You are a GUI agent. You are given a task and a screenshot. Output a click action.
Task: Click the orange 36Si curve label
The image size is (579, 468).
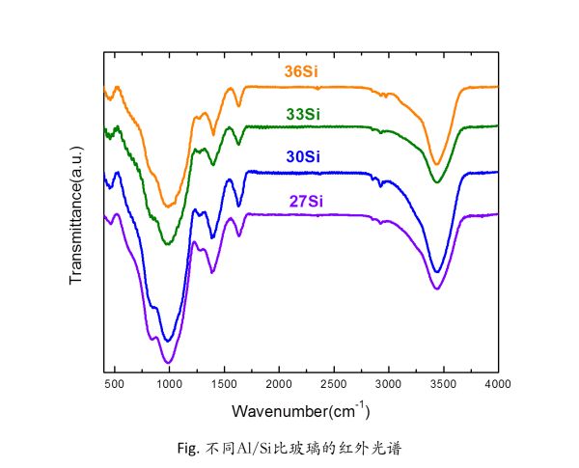(x=303, y=71)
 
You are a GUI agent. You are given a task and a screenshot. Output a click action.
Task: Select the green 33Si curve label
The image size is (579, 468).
(x=303, y=114)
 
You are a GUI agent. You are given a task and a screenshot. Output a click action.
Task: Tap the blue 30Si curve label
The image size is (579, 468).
(x=303, y=157)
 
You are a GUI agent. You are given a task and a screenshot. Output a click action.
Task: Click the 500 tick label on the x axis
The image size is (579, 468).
(x=114, y=384)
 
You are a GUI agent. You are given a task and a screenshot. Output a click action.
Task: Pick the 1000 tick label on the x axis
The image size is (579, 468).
(x=169, y=384)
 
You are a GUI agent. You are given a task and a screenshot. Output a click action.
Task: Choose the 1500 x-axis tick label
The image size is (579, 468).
(x=224, y=384)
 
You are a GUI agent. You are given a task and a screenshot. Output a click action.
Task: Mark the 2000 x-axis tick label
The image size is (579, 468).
(x=279, y=384)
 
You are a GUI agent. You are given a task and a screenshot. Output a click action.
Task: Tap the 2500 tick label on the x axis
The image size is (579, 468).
(x=333, y=384)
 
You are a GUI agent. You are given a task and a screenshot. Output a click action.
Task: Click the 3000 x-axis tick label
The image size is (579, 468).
(x=388, y=384)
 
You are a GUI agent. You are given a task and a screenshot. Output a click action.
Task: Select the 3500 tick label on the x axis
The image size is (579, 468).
(x=443, y=384)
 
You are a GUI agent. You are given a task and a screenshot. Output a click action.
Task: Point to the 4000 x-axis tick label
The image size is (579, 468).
(x=497, y=384)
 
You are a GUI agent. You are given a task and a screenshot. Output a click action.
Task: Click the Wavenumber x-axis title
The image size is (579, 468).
(x=300, y=411)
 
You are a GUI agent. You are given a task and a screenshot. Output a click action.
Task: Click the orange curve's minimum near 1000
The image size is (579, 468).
(x=169, y=206)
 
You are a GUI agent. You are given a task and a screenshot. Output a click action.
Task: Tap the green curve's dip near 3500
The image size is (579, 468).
(x=437, y=181)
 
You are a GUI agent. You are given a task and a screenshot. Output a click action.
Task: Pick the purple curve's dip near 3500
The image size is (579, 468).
(x=437, y=289)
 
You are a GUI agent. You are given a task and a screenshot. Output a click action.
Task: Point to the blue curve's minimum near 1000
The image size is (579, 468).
(x=168, y=341)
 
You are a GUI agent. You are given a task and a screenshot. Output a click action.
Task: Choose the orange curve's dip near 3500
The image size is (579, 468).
(x=437, y=164)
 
